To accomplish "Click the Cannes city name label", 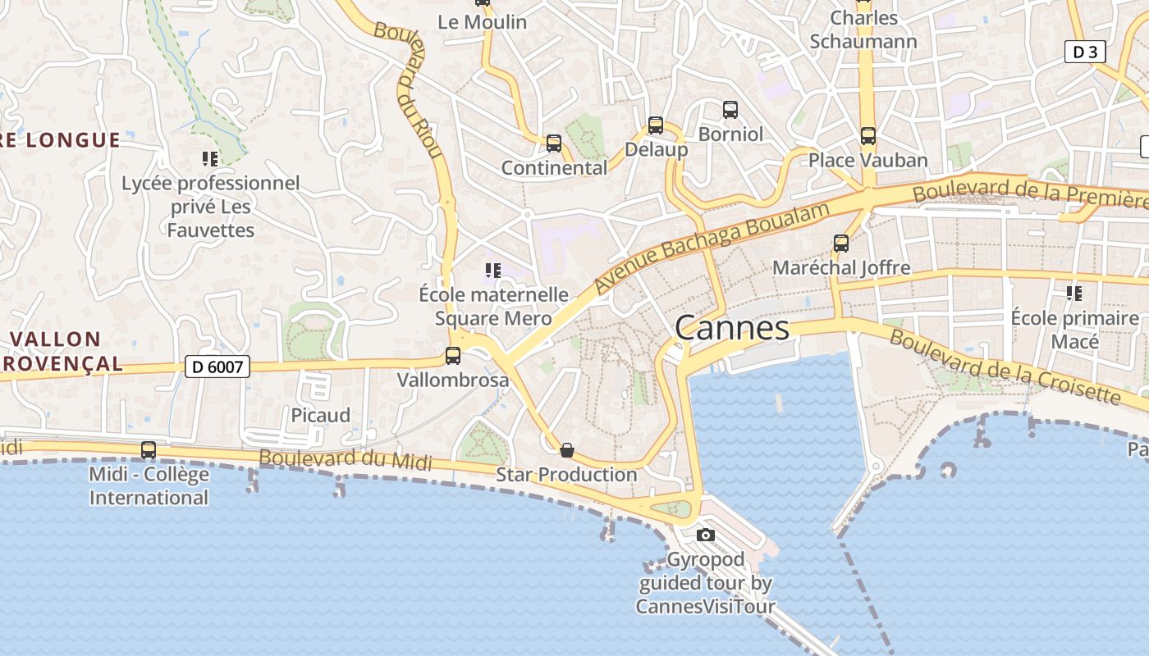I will (x=732, y=329).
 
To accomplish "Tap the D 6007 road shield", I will (x=217, y=367).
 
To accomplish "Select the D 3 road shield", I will (x=1085, y=52).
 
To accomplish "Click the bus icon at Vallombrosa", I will (x=452, y=356).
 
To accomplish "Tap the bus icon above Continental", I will (x=554, y=143).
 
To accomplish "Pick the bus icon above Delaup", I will (x=655, y=125).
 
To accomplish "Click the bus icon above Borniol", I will (x=730, y=109).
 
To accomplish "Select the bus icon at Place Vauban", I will (x=867, y=136).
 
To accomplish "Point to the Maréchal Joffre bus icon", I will (x=840, y=244).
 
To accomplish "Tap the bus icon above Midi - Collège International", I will (x=149, y=450).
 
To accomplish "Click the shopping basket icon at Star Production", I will (x=566, y=450).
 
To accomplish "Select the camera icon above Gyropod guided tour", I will (x=705, y=535).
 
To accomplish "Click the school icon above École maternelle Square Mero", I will (x=492, y=270).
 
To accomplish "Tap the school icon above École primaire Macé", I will (x=1073, y=293).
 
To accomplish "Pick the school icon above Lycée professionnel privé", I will (x=210, y=158).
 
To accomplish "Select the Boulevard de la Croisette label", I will (x=1005, y=367).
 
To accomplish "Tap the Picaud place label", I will (x=321, y=415).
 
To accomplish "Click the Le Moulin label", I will (x=482, y=22).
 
